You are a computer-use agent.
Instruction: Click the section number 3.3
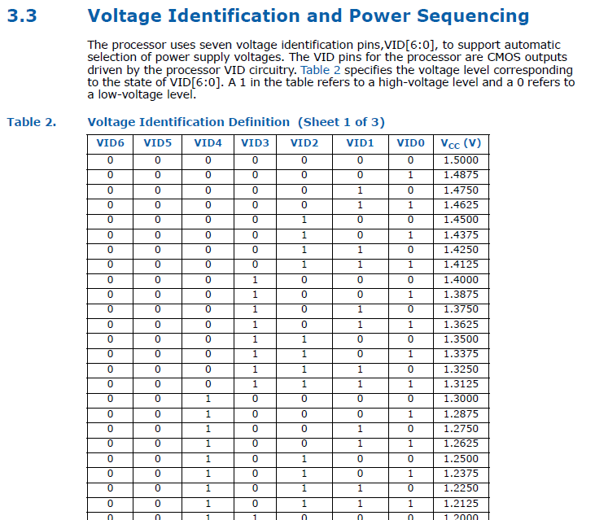pos(22,16)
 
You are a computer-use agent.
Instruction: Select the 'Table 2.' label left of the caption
pos(32,122)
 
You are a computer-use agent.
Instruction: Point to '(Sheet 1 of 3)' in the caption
pos(342,122)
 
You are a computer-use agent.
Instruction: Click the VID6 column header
pos(110,143)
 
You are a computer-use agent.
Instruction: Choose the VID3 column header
pos(255,143)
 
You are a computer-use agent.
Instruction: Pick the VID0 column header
pos(410,143)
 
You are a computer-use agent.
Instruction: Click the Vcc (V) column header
pos(461,143)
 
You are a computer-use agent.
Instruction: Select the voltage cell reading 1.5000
pos(461,159)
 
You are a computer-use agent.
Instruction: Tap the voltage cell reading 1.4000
pos(461,279)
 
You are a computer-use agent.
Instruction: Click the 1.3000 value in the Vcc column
pos(461,399)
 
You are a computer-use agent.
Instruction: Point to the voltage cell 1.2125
pos(461,503)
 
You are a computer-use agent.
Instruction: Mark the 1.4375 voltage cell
pos(461,234)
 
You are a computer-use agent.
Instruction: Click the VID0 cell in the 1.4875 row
pos(410,175)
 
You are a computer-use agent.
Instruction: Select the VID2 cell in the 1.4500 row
pos(304,220)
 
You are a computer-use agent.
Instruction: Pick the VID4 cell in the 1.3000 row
pos(208,399)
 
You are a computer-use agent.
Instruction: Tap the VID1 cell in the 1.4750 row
pos(360,190)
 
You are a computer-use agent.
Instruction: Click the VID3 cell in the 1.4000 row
pos(255,279)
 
